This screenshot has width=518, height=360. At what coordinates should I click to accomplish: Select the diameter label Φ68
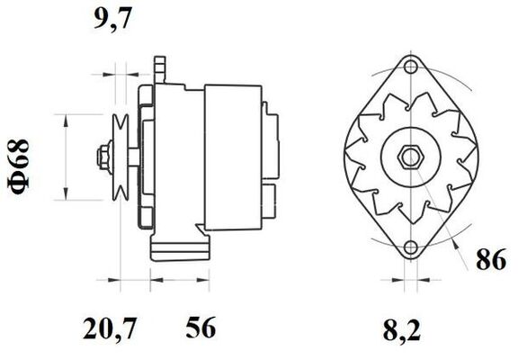tap(21, 163)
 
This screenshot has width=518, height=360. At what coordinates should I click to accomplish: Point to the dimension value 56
tap(201, 328)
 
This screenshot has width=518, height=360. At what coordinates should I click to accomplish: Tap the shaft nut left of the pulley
tap(102, 157)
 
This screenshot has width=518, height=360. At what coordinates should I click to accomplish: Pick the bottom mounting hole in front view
tap(412, 247)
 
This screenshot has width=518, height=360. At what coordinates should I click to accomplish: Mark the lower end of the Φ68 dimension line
tap(66, 198)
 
